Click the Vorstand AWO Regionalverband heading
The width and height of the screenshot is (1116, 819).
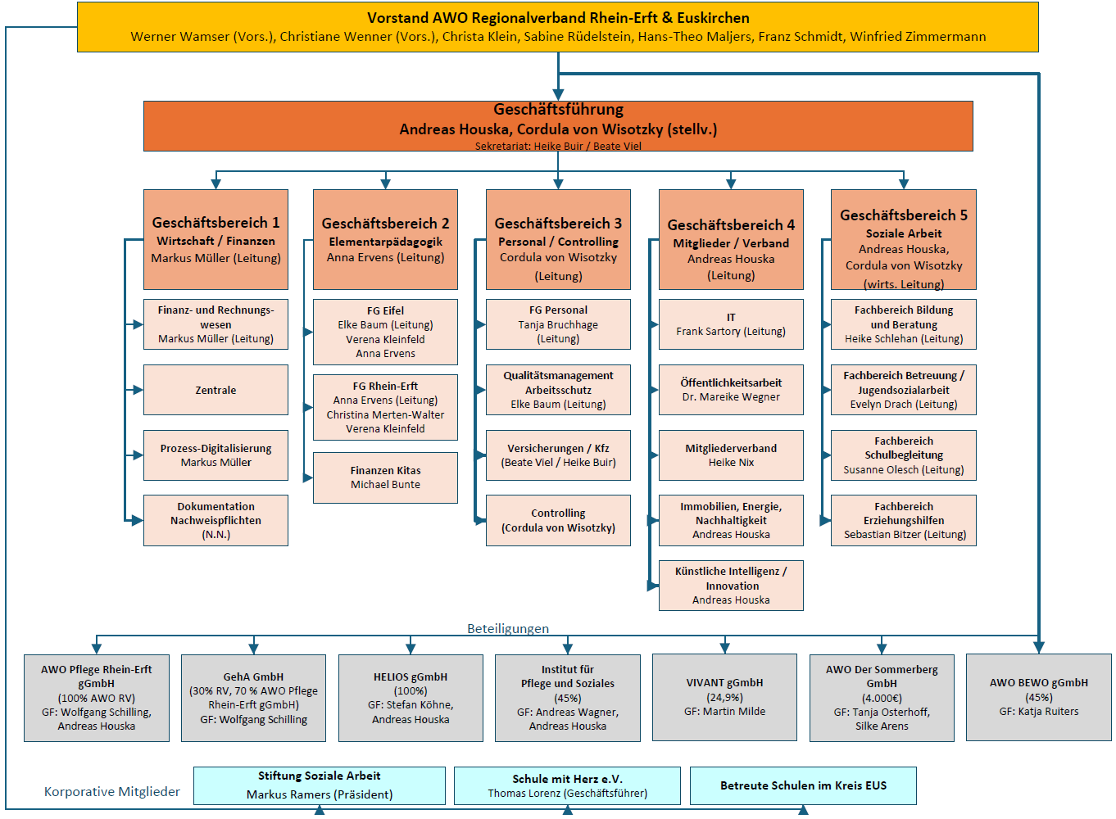(x=558, y=18)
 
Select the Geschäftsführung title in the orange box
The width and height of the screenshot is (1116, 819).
(x=558, y=110)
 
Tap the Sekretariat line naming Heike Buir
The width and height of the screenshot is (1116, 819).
(x=558, y=147)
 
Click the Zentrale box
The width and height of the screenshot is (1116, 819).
(x=215, y=390)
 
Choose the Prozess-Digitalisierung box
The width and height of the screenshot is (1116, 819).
(x=215, y=455)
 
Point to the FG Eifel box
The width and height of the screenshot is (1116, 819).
(x=385, y=332)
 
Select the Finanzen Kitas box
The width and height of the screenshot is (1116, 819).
(x=385, y=477)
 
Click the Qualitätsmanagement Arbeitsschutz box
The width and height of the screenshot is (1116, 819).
(x=558, y=390)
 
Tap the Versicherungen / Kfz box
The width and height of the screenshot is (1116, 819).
(x=558, y=455)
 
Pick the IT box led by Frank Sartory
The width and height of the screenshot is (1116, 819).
(x=731, y=324)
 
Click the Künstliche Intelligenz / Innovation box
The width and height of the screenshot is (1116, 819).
(x=731, y=586)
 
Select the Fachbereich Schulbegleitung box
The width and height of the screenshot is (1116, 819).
(x=903, y=455)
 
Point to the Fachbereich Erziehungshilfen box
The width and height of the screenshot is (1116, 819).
(x=903, y=520)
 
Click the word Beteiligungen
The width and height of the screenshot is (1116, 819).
(x=508, y=629)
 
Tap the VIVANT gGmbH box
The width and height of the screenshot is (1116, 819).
(x=724, y=697)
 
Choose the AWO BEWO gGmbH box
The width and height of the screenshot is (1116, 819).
(x=1038, y=697)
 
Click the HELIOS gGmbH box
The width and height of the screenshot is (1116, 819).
(x=411, y=697)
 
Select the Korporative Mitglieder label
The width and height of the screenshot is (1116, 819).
(x=112, y=792)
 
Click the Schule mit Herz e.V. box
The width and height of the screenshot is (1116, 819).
(x=567, y=785)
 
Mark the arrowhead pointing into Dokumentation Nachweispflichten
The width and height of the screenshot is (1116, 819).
(x=136, y=520)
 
